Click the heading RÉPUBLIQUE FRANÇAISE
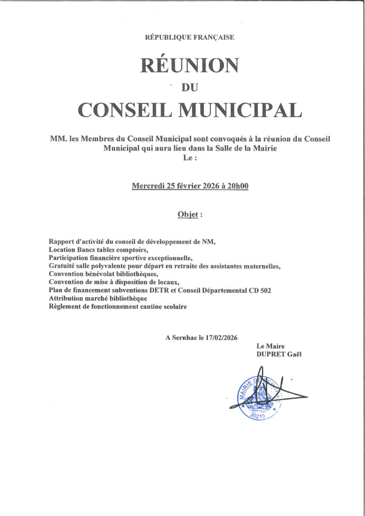(189, 37)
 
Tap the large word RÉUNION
(190, 65)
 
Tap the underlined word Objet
(187, 214)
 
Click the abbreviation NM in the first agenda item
(209, 242)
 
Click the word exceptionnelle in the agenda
(149, 258)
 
